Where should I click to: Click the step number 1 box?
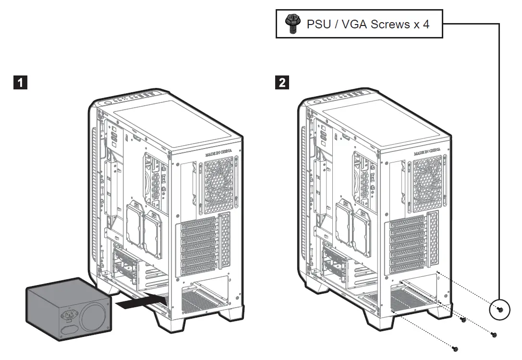click(x=19, y=83)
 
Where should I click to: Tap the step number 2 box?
click(x=282, y=83)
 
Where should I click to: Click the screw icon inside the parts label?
click(x=290, y=24)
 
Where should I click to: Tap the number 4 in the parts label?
click(x=426, y=24)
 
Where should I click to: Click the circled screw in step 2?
click(x=499, y=309)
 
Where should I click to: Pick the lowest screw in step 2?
click(x=456, y=348)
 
